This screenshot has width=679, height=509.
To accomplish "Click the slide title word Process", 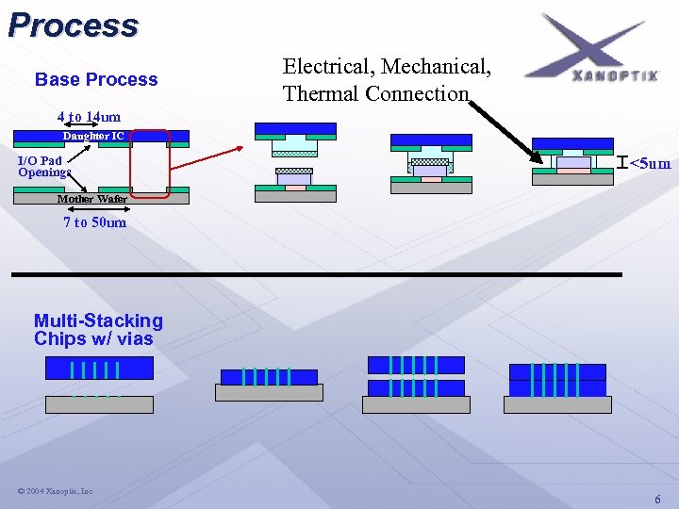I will point(74,25).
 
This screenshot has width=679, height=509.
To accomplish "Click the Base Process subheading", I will point(96,79).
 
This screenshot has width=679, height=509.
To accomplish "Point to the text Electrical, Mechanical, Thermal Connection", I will point(387,80).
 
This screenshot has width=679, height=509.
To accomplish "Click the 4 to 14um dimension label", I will point(89,117).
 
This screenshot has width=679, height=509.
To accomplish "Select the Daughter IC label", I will point(93,136).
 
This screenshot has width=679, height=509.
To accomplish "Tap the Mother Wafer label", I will point(91,199).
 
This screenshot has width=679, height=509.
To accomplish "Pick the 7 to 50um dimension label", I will point(94,222).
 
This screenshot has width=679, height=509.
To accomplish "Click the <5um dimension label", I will point(651,164).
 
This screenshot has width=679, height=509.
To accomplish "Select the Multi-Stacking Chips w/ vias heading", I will point(98,330).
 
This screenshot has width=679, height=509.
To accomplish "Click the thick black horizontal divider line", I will point(317,274).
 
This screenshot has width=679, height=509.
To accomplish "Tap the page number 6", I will point(657,499).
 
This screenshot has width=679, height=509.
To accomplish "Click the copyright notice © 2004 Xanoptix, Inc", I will point(55,491).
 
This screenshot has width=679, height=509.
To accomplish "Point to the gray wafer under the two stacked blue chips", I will point(416,404).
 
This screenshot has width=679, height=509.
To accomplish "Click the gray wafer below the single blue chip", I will point(269,393).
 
